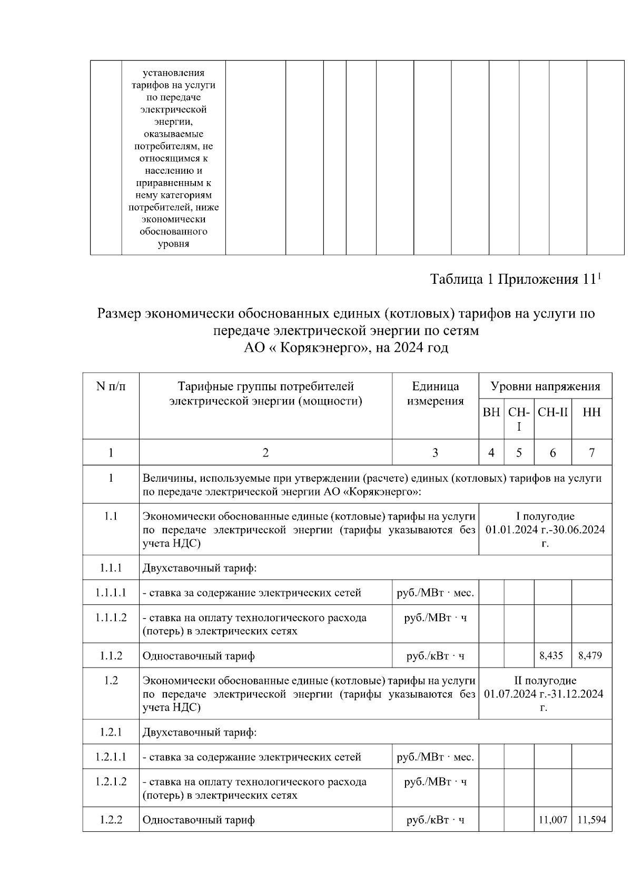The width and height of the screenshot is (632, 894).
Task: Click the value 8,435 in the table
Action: click(551, 655)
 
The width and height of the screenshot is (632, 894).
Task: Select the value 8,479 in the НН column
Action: click(590, 655)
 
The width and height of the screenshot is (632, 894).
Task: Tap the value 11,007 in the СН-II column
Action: click(552, 820)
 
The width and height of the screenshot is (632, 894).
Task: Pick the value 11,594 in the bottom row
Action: click(591, 820)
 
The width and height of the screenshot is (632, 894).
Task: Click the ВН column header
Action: click(491, 412)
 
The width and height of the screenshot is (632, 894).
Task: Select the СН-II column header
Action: click(552, 412)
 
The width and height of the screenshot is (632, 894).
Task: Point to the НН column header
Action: click(591, 412)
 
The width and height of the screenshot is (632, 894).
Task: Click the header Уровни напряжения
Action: click(545, 386)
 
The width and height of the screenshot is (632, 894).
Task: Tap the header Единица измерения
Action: click(435, 393)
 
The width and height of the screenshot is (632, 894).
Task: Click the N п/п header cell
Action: click(111, 386)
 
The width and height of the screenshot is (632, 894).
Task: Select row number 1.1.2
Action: click(111, 655)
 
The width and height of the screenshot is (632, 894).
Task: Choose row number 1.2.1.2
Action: click(111, 781)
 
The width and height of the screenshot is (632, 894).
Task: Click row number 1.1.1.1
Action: click(111, 592)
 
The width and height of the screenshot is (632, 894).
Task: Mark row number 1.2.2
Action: click(111, 820)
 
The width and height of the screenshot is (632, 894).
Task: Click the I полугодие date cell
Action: click(545, 529)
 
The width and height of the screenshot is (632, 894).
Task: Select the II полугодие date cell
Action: click(545, 693)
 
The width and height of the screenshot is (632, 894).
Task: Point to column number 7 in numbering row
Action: click(591, 452)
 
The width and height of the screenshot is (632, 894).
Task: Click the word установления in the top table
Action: click(173, 73)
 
